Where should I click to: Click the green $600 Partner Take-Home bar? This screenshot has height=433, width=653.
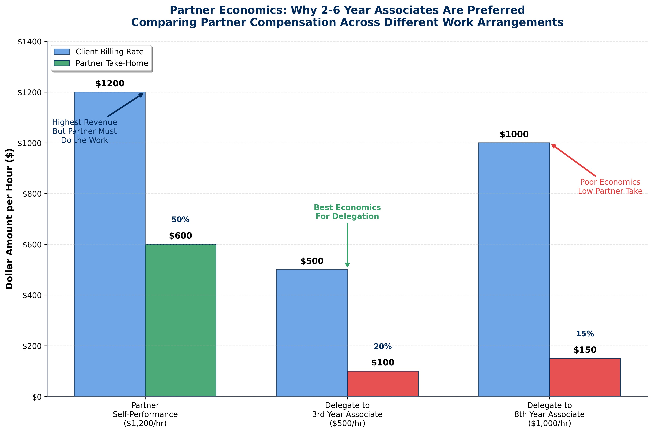coord(180,320)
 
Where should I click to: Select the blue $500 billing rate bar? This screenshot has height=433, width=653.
coord(312,333)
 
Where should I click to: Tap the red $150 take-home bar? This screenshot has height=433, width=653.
coord(585,377)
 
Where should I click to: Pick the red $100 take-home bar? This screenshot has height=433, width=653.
coord(383,384)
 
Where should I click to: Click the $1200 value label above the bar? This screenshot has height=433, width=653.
coord(110,83)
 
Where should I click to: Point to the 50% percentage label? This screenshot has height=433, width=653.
coord(180,220)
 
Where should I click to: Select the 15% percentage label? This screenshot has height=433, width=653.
coord(585,334)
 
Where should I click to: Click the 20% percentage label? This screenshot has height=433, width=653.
coord(383,346)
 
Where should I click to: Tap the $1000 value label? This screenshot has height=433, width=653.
coord(514,134)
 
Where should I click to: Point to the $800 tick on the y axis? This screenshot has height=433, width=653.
coord(32,194)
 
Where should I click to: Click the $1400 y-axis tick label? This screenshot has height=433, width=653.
coord(29,42)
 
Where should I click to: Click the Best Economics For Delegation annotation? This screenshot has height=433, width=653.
coord(347,212)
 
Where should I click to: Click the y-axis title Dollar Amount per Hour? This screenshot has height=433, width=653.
coord(9,219)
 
